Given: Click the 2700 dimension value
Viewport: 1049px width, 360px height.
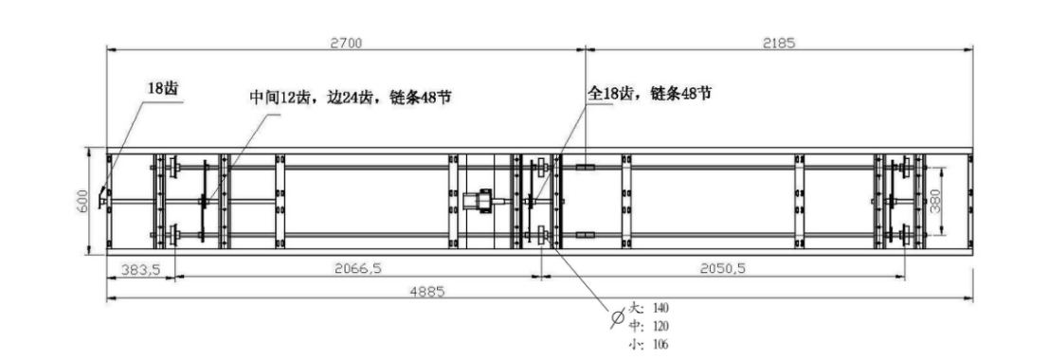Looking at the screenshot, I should (346, 42).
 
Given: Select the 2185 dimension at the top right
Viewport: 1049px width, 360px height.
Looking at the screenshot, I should (778, 42).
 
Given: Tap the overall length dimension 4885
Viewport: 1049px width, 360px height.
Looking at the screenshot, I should (429, 292).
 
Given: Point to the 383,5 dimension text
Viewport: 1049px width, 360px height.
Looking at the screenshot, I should (138, 269).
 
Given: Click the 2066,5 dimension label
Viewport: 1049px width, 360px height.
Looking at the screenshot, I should (357, 269).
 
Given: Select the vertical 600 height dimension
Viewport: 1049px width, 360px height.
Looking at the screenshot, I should (82, 200).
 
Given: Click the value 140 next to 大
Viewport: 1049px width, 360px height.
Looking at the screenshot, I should (661, 308).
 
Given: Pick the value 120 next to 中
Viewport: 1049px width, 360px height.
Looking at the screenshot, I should (661, 326).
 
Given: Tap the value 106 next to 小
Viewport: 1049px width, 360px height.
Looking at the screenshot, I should (661, 344).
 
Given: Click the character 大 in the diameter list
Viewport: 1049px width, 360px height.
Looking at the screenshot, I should (637, 308).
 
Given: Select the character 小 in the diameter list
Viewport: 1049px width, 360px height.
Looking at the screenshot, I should (637, 344).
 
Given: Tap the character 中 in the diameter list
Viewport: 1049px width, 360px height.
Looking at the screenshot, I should (637, 326).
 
